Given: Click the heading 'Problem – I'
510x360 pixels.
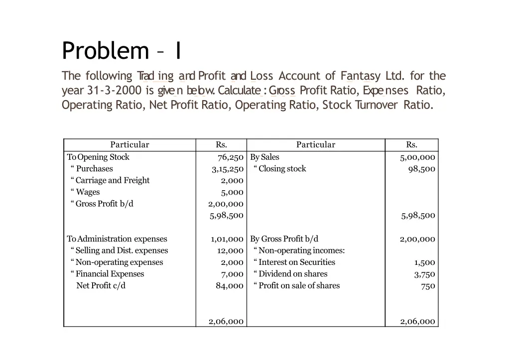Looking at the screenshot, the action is (x=122, y=50).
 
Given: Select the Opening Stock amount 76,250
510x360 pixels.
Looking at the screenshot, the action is (x=230, y=157).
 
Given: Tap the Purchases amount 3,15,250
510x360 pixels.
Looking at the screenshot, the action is (x=227, y=169).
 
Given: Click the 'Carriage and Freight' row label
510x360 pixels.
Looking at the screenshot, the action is (x=112, y=180).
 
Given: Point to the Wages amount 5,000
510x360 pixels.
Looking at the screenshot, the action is (x=232, y=192).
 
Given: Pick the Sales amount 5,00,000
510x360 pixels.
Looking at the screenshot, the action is (x=417, y=157).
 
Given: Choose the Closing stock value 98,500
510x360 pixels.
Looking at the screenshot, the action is (x=421, y=169).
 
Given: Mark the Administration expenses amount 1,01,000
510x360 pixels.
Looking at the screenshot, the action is (x=227, y=239).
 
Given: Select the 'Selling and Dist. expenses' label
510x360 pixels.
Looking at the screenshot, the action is (x=122, y=250).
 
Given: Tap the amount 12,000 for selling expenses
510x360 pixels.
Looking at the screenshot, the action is (x=230, y=250).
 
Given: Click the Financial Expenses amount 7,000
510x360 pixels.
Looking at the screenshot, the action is (x=232, y=274).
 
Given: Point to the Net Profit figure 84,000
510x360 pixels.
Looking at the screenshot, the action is (x=230, y=286).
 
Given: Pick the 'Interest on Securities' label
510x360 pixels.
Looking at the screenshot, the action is (x=296, y=262).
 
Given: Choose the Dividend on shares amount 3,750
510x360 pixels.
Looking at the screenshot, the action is (x=424, y=274).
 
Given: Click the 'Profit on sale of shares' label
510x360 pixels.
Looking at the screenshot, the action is (x=299, y=286).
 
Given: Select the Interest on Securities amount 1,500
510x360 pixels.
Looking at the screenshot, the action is (x=424, y=262).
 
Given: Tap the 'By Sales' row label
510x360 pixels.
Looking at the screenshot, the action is (x=264, y=157).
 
